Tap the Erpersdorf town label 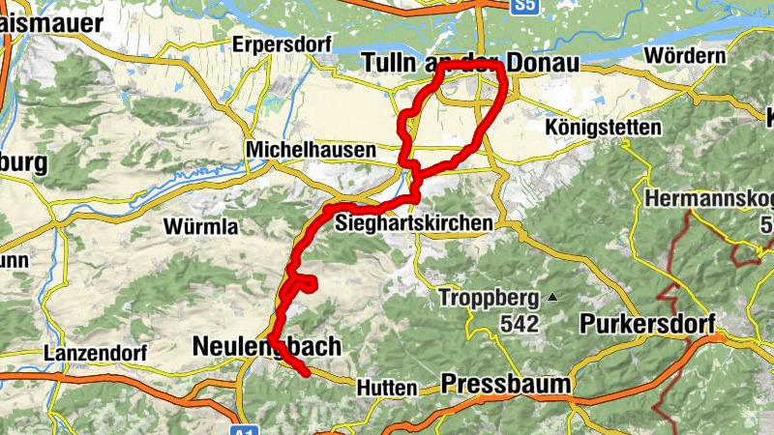pyautogui.click(x=282, y=45)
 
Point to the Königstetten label pyautogui.click(x=603, y=128)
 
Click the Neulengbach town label pyautogui.click(x=266, y=346)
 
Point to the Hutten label pyautogui.click(x=387, y=388)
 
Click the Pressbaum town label pyautogui.click(x=505, y=385)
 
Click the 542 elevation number pyautogui.click(x=520, y=325)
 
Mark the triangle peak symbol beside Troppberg pyautogui.click(x=551, y=298)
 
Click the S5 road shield pyautogui.click(x=524, y=6)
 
